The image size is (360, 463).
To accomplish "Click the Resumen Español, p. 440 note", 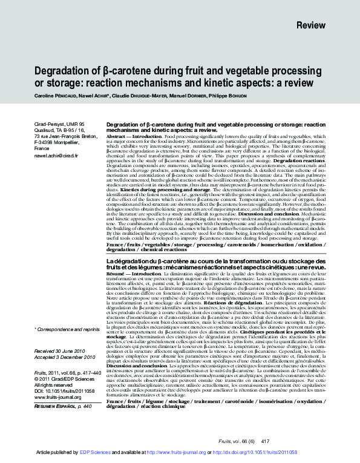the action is [63, 406].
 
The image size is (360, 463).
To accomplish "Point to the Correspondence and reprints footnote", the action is [67, 329].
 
